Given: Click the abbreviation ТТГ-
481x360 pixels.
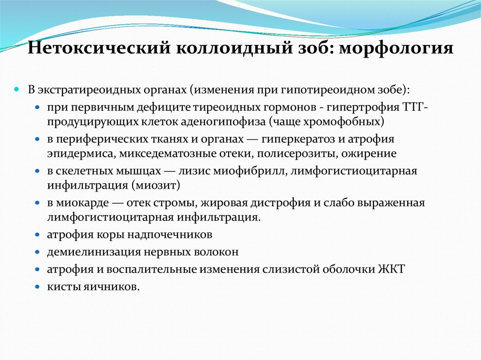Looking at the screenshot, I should [415, 107].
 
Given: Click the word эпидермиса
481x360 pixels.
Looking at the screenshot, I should [80, 153].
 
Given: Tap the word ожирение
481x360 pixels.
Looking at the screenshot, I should [373, 153].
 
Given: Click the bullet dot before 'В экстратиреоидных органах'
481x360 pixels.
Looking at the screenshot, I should [29, 89].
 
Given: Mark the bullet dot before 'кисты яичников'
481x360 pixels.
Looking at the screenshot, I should [38, 286].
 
